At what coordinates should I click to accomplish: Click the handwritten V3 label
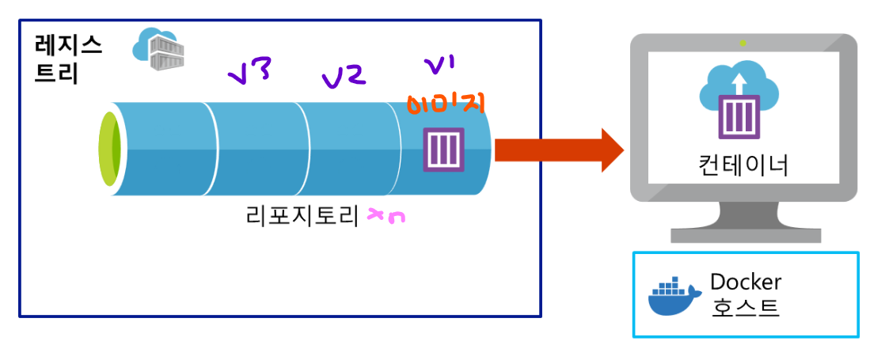click(249, 74)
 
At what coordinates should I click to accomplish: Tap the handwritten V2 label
click(343, 76)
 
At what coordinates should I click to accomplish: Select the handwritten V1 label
click(439, 63)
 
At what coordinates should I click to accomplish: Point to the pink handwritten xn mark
click(387, 216)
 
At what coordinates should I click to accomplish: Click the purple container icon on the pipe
click(442, 150)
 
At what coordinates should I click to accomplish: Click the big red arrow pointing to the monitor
click(558, 149)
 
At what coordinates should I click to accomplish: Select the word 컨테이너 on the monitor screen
click(743, 165)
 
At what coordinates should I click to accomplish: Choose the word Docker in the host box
click(746, 282)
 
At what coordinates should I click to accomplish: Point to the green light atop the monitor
click(743, 42)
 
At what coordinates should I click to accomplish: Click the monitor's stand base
click(743, 234)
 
